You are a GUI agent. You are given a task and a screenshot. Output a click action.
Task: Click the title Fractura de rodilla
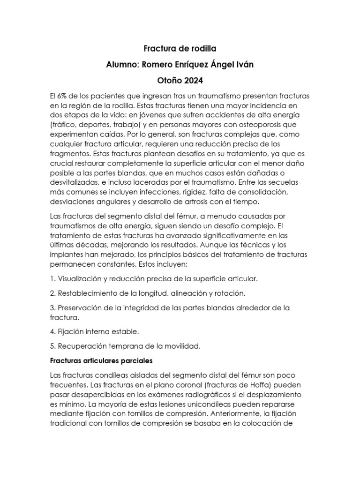180,49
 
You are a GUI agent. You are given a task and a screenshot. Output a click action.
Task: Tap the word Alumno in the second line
121,65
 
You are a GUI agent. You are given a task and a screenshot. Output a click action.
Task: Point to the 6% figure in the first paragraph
65,96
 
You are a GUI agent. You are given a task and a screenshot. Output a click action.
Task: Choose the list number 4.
52,332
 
